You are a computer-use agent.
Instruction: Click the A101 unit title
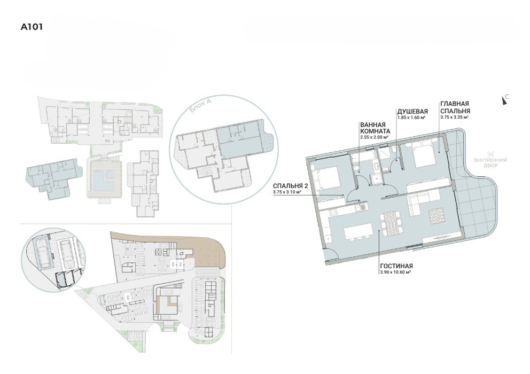pyautogui.click(x=32, y=27)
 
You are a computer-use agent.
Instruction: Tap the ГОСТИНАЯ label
pyautogui.click(x=396, y=266)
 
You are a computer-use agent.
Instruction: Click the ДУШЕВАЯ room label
pyautogui.click(x=412, y=111)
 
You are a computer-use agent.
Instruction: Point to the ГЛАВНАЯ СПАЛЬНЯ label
pyautogui.click(x=455, y=107)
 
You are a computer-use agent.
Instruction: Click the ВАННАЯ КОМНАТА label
pyautogui.click(x=375, y=128)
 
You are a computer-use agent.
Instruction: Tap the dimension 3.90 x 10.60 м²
pyautogui.click(x=395, y=272)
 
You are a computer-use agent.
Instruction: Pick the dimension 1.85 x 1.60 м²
pyautogui.click(x=411, y=118)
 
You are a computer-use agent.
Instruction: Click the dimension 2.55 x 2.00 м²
pyautogui.click(x=374, y=137)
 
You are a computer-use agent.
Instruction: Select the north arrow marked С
pyautogui.click(x=505, y=100)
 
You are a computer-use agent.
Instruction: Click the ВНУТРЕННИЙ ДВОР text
pyautogui.click(x=490, y=162)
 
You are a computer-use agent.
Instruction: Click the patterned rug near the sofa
pyautogui.click(x=437, y=216)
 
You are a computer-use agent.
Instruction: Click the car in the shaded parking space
pyautogui.click(x=44, y=253)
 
